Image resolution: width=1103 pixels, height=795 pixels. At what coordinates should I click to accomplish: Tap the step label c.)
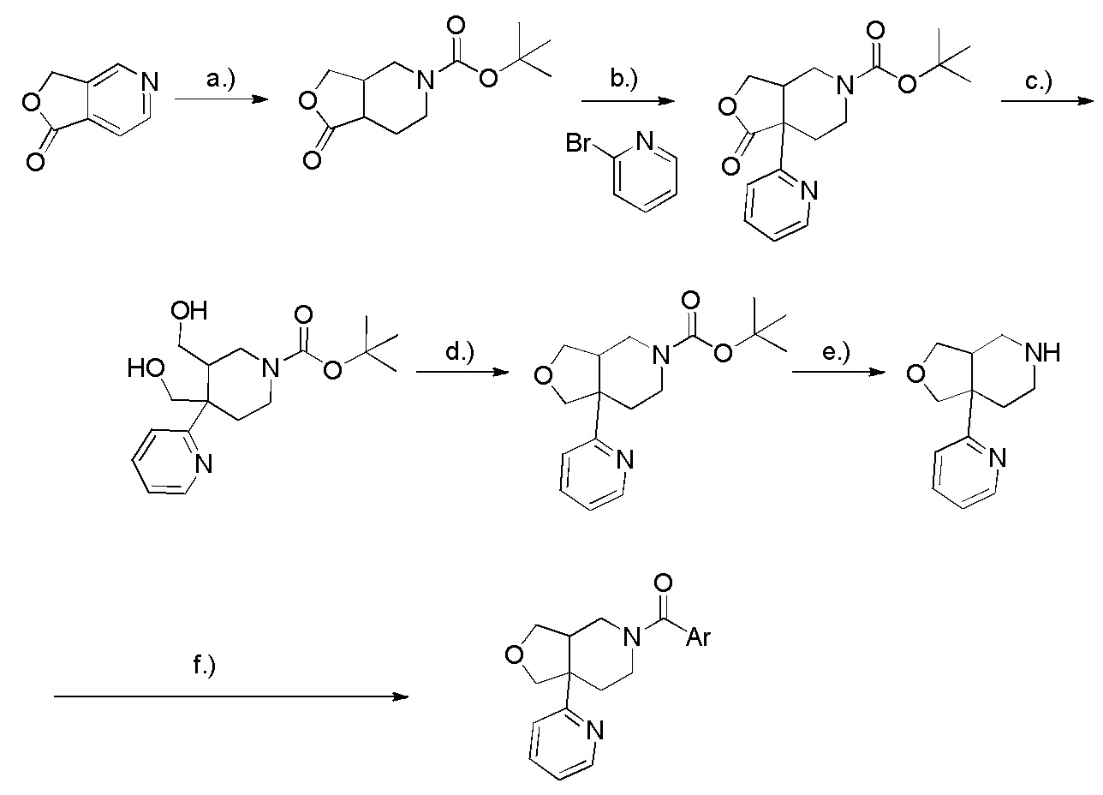(1039, 81)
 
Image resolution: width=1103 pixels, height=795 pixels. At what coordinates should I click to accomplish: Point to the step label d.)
(459, 353)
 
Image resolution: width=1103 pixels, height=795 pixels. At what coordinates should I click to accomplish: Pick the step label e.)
(836, 353)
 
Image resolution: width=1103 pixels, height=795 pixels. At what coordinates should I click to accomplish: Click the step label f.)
(204, 666)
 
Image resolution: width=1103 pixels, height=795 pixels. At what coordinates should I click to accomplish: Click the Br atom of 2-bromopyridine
(577, 143)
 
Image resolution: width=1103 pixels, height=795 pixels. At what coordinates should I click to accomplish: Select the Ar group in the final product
(698, 637)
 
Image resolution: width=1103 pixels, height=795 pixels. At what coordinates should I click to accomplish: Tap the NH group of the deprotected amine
(1042, 353)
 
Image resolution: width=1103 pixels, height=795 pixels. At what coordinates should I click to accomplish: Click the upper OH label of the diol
(189, 311)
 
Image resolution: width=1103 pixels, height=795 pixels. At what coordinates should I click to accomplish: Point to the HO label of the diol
(146, 368)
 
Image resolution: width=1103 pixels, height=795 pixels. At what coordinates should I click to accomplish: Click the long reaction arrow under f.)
(231, 696)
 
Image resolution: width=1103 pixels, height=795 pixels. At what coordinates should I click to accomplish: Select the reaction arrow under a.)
(221, 99)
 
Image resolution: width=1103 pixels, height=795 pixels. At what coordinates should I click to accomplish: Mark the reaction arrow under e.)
(836, 373)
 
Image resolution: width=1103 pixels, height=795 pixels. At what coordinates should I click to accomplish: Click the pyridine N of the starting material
(150, 81)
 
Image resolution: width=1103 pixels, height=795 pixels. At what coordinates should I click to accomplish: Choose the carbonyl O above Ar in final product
(664, 583)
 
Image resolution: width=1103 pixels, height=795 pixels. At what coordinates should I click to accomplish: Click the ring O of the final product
(515, 655)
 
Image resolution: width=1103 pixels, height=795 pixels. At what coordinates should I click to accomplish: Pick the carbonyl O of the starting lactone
(35, 162)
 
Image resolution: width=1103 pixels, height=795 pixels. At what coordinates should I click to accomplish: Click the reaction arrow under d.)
(462, 373)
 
